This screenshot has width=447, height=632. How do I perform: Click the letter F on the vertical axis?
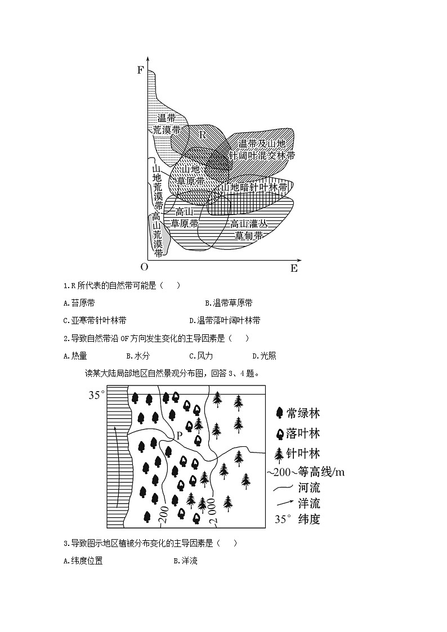pyautogui.click(x=141, y=70)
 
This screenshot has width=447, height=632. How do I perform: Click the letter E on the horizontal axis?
pyautogui.click(x=294, y=268)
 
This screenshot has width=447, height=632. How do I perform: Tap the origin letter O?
pyautogui.click(x=144, y=267)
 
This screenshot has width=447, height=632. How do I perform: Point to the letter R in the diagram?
pyautogui.click(x=203, y=135)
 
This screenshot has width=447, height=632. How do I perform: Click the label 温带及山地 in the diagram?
pyautogui.click(x=262, y=144)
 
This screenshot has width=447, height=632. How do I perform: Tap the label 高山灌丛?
pyautogui.click(x=248, y=223)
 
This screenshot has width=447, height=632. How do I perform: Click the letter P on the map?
pyautogui.click(x=179, y=435)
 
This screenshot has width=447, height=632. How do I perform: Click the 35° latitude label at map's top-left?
pyautogui.click(x=96, y=395)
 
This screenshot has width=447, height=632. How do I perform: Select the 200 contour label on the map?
pyautogui.click(x=164, y=515)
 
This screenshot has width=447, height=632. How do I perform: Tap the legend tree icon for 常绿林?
pyautogui.click(x=279, y=413)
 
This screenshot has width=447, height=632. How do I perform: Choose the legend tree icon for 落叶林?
pyautogui.click(x=279, y=433)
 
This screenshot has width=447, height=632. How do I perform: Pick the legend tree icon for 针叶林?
pyautogui.click(x=278, y=454)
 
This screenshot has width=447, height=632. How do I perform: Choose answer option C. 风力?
pyautogui.click(x=201, y=356)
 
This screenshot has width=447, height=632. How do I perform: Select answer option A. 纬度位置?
pyautogui.click(x=83, y=561)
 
